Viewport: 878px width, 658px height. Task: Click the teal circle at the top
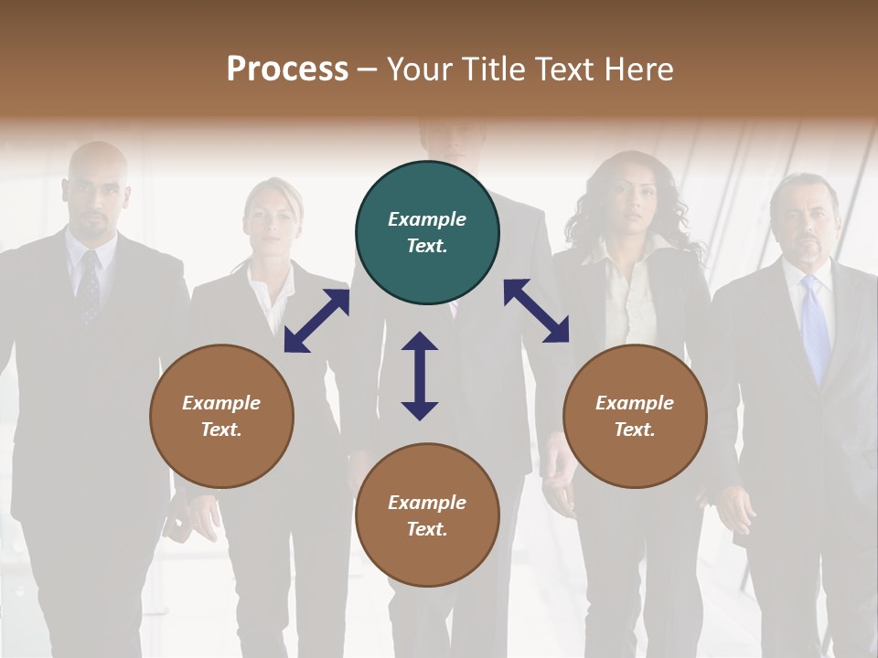427,233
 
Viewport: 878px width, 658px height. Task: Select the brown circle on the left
221,416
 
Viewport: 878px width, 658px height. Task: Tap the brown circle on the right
635,416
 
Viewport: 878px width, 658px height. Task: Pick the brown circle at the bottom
427,515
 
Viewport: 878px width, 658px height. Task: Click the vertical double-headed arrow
420,376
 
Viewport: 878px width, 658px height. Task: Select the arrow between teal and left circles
317,320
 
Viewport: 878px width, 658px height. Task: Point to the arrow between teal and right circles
536,311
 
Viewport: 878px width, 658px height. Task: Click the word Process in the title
287,69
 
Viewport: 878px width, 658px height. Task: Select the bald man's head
96,187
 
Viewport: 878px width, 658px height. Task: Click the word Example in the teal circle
427,219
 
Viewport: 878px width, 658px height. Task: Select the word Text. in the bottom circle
427,529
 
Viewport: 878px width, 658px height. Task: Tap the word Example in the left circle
221,403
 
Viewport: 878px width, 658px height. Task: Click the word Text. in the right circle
635,430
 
